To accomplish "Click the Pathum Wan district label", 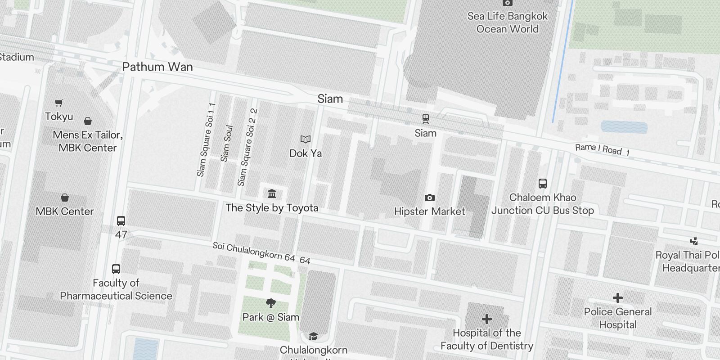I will point(157,67).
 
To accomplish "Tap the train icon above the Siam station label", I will point(425,119).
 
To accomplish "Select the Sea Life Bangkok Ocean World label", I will point(507,22).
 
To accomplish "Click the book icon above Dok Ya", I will point(306,139).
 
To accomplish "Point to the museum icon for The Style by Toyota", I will point(272,194).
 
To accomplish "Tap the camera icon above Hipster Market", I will point(429,198).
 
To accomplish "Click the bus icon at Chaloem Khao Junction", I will point(543,184).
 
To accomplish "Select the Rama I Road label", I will point(602,149).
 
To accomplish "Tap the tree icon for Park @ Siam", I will point(270,303).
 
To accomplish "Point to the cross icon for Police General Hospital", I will point(618,298).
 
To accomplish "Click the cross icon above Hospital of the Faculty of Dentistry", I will point(486,319).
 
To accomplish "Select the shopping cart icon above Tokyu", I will point(59,103).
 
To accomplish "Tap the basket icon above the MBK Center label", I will point(65,198).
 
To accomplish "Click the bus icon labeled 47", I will point(121,221).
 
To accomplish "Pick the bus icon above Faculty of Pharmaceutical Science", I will point(116,269).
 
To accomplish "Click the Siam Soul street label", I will point(227,143).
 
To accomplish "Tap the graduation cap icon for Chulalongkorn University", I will point(313,336).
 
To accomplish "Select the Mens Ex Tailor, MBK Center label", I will point(88,141).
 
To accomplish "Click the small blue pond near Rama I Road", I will point(624,127).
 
